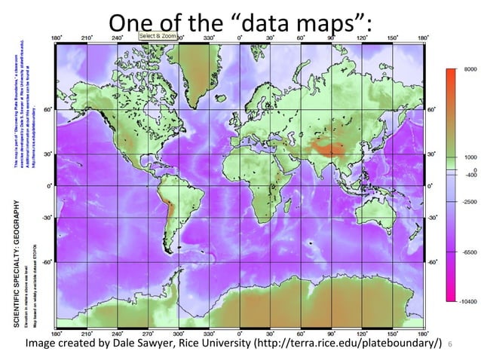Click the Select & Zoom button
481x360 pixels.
click(157, 36)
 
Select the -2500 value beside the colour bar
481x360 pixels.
click(468, 203)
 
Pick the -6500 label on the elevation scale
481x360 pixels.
click(468, 252)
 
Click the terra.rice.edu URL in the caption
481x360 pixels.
click(347, 344)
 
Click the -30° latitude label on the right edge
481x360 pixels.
click(432, 217)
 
